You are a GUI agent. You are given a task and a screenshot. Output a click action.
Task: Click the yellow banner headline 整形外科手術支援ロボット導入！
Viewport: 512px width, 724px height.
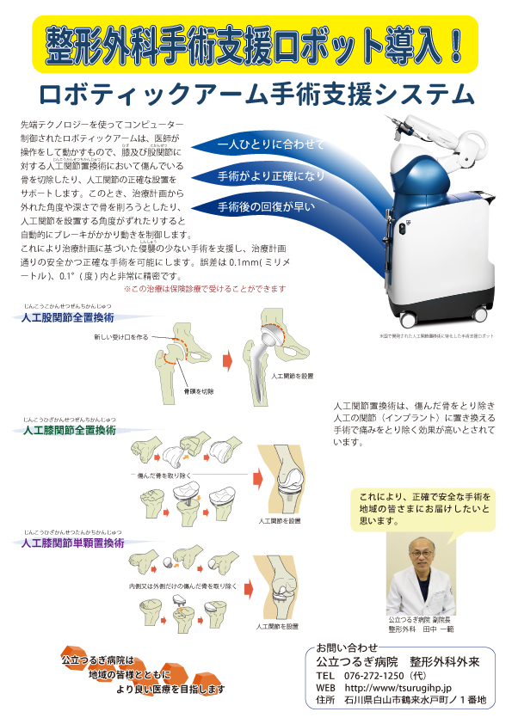[x=255, y=41]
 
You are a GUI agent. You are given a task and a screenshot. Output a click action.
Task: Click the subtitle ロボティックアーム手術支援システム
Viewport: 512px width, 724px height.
[x=256, y=94]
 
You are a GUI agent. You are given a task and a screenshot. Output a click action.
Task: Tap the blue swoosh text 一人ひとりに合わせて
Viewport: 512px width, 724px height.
[x=271, y=144]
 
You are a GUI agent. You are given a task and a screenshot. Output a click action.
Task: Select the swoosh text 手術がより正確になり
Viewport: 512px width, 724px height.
[x=272, y=175]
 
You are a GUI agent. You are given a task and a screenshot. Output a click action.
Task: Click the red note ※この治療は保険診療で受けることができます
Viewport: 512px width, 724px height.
[x=205, y=289]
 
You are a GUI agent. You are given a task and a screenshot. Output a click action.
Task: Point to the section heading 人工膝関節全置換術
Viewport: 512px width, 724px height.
[x=69, y=430]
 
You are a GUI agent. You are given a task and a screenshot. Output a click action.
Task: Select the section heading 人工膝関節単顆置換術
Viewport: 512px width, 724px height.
[x=72, y=544]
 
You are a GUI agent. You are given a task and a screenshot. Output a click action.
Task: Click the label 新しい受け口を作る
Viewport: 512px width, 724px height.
[x=121, y=336]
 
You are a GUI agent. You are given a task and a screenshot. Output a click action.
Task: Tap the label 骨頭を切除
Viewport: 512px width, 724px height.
[x=198, y=391]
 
